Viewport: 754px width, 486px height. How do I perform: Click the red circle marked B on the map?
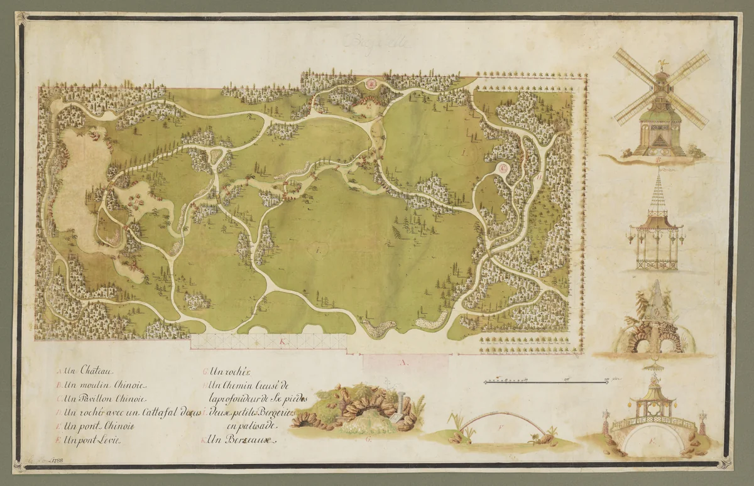point(371,84)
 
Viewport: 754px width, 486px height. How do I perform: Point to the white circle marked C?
point(504,168)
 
